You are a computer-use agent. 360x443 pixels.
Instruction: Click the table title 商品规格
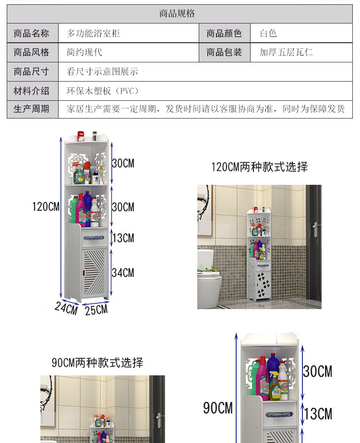[x=177, y=14]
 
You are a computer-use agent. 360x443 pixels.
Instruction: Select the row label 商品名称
[x=32, y=34]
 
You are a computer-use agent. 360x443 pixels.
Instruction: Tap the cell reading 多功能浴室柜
[x=94, y=34]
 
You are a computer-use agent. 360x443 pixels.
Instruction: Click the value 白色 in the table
[x=268, y=34]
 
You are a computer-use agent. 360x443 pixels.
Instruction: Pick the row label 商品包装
[x=224, y=52]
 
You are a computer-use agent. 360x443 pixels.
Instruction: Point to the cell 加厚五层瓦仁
[x=286, y=52]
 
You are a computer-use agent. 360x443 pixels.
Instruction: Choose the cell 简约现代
[x=84, y=52]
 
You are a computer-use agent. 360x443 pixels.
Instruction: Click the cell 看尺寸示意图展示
[x=102, y=72]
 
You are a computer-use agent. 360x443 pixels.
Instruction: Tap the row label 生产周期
[x=32, y=109]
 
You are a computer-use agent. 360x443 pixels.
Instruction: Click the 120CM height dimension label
[x=46, y=207]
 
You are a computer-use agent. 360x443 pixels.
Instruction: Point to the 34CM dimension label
[x=123, y=273]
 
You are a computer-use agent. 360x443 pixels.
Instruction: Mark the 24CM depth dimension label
[x=66, y=308]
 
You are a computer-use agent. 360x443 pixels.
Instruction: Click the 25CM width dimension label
[x=96, y=310]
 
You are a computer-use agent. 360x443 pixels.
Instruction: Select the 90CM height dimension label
[x=217, y=408]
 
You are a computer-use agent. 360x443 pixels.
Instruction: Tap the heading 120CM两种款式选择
[x=260, y=167]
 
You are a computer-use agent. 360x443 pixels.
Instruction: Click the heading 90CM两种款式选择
[x=97, y=362]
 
